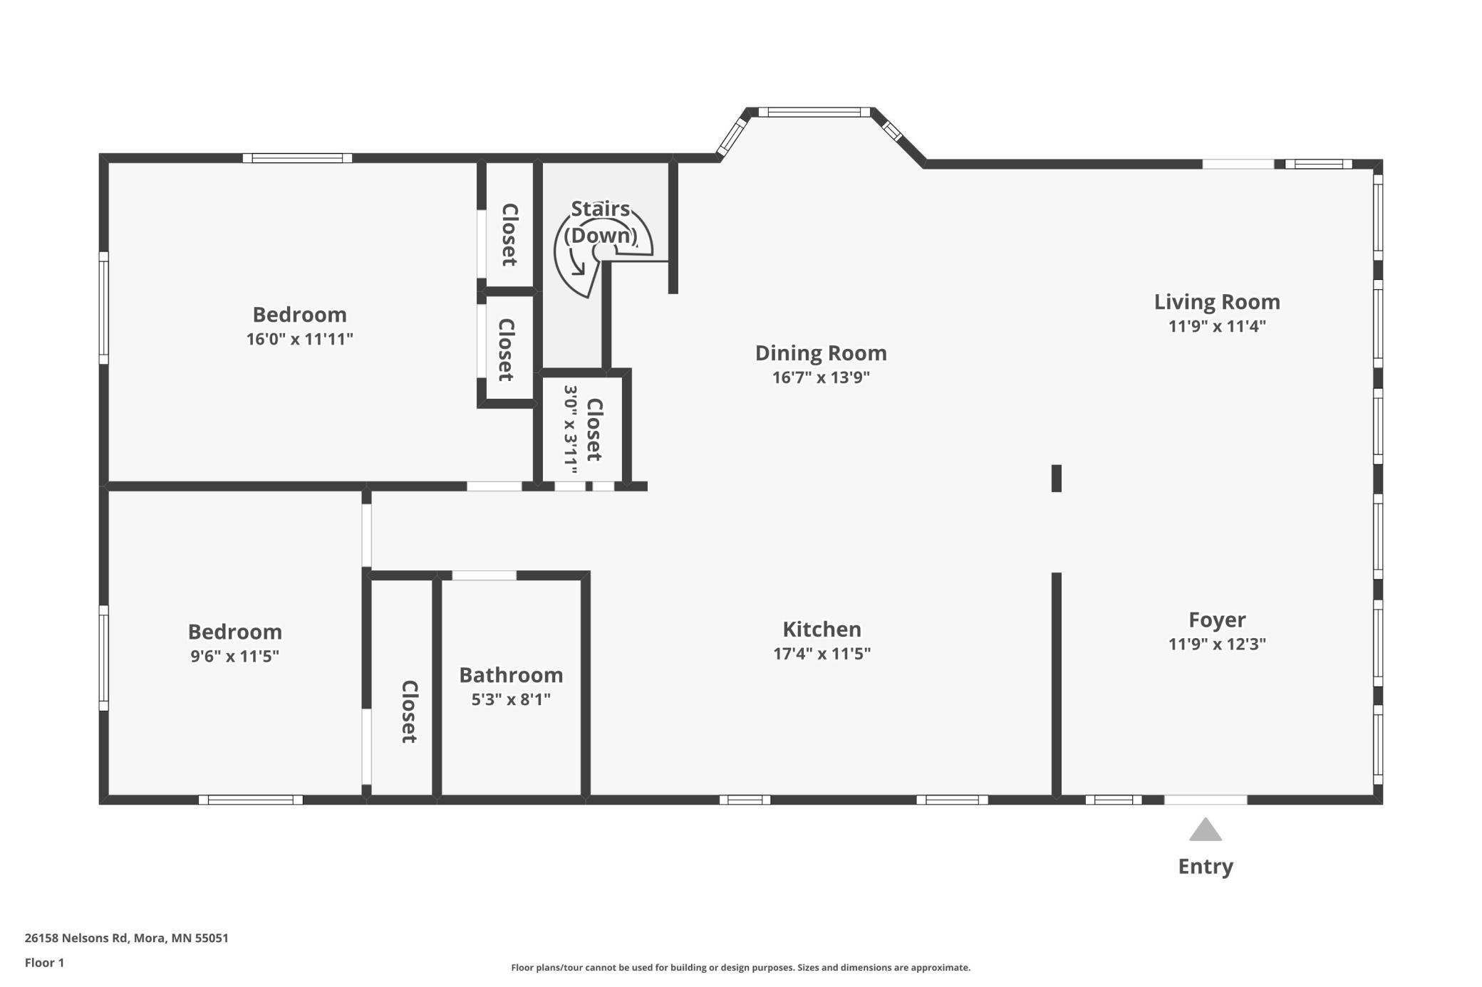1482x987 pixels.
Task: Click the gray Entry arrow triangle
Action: [1205, 830]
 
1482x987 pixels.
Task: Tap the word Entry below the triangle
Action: [1206, 867]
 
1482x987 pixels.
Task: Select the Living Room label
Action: [1217, 302]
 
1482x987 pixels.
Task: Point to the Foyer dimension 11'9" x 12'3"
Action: [1217, 644]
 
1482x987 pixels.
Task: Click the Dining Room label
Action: [821, 353]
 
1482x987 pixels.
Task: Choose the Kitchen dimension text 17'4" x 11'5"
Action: [822, 653]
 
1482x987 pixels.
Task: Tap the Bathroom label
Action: [511, 674]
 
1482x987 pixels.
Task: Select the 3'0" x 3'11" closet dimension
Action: [571, 429]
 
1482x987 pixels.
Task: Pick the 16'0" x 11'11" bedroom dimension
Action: [300, 339]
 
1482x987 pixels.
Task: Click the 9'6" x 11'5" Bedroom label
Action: [234, 632]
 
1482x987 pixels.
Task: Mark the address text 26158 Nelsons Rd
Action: [78, 938]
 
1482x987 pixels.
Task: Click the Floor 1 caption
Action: [44, 963]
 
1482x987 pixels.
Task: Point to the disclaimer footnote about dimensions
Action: [740, 967]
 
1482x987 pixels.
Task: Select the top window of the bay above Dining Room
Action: [814, 112]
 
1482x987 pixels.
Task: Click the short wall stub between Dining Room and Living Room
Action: [1057, 478]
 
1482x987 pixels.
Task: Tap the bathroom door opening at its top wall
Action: [484, 575]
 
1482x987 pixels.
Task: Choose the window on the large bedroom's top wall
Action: [297, 158]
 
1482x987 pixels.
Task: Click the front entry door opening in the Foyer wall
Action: [1206, 800]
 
